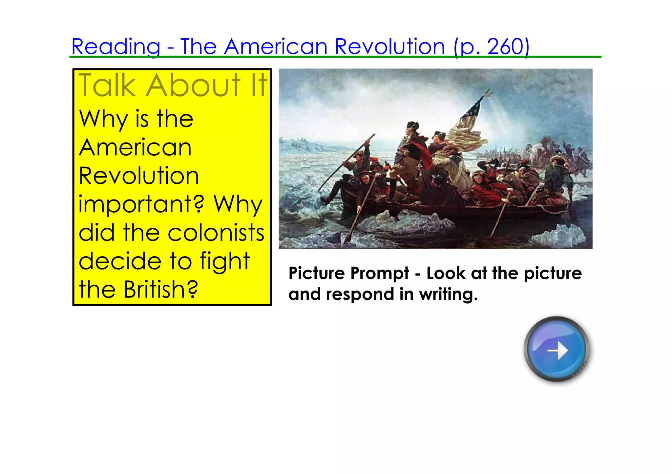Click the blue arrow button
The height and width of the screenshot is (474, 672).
pyautogui.click(x=556, y=349)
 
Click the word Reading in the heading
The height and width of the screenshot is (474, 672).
pyautogui.click(x=116, y=47)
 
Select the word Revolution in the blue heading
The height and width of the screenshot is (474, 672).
pyautogui.click(x=389, y=47)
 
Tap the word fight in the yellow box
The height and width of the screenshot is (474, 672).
pyautogui.click(x=225, y=261)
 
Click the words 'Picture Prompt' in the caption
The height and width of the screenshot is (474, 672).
pyautogui.click(x=349, y=273)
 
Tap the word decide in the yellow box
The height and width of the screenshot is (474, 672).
pyautogui.click(x=120, y=261)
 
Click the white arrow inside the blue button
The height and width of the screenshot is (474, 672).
pyautogui.click(x=558, y=351)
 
